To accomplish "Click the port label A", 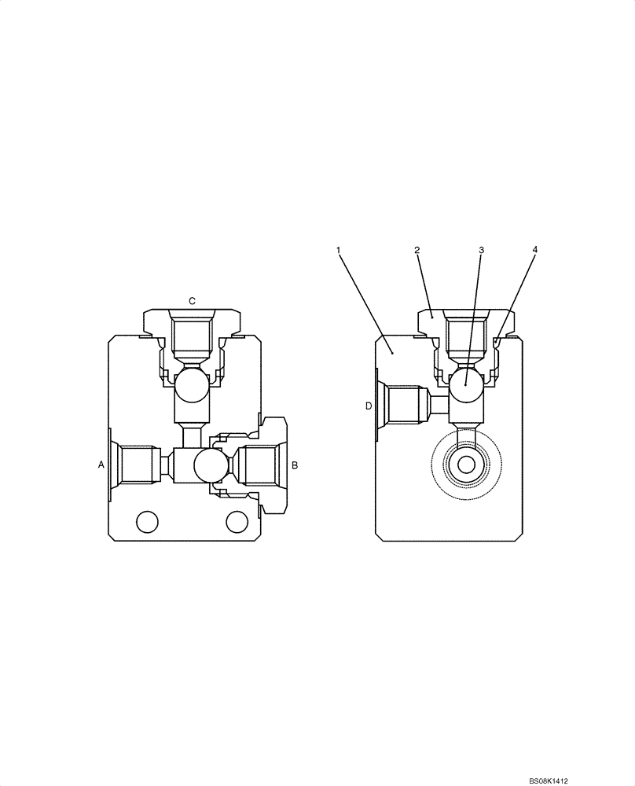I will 101,465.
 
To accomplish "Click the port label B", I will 295,465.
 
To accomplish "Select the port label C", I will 192,301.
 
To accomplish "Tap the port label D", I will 368,406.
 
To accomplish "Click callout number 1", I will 338,250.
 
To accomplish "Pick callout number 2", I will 417,250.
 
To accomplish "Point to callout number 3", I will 482,250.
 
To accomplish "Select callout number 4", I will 534,250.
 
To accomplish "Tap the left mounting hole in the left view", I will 147,521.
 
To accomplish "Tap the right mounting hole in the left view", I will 237,521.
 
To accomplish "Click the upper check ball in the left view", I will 192,387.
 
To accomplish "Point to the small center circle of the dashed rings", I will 466,465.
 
